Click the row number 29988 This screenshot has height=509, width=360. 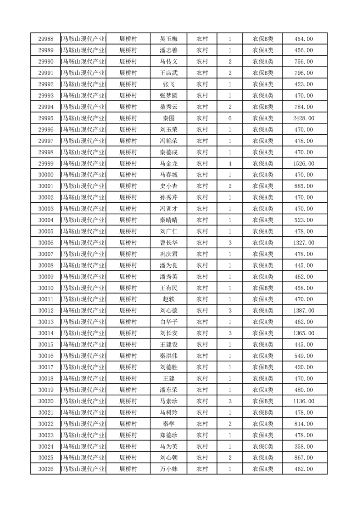(46, 39)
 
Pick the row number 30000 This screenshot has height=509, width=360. (46, 175)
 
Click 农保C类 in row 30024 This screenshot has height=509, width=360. (263, 446)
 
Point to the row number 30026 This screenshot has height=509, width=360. (46, 469)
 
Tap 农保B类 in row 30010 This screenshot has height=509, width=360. (263, 288)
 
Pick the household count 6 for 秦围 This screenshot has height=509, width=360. (230, 118)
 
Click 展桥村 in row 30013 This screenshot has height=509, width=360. (128, 322)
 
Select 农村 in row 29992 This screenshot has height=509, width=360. (202, 84)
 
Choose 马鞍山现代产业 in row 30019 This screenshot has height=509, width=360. (84, 390)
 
